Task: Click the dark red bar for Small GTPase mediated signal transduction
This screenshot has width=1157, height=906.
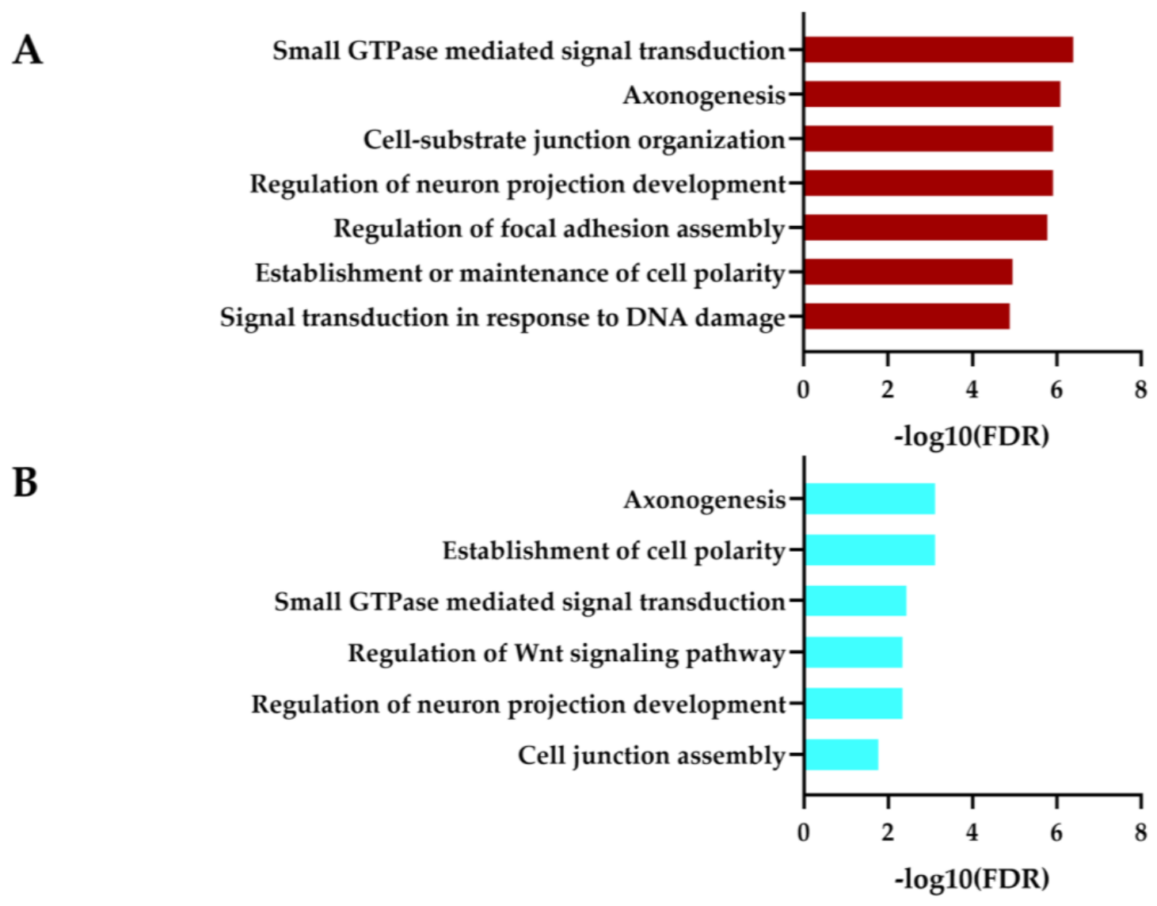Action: pos(938,50)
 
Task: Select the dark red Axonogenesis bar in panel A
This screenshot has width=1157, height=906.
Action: pos(932,94)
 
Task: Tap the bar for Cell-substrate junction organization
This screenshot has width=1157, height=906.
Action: pos(928,139)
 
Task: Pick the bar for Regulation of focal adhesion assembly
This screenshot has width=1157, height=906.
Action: pos(926,227)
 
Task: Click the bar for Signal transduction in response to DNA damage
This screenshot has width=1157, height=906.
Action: pos(907,316)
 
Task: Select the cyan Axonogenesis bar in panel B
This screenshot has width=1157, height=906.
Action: pos(870,499)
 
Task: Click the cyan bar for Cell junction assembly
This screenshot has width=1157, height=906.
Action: pos(841,755)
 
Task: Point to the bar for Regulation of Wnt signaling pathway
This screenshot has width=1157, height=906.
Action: pos(854,652)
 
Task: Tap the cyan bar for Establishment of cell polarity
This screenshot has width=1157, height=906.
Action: pos(870,550)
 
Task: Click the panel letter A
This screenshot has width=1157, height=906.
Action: pos(27,51)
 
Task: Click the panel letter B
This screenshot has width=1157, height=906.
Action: pos(25,482)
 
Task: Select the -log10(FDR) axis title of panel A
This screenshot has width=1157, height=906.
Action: pos(972,437)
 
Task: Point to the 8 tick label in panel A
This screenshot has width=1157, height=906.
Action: pos(1140,389)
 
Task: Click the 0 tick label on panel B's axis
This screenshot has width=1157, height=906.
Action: pos(804,832)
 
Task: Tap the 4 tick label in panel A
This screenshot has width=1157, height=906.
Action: pos(972,389)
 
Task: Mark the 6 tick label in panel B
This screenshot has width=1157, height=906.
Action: pos(1056,832)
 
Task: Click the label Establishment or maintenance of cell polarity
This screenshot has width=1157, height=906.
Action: pos(520,273)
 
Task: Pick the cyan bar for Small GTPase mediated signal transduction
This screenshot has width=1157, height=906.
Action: pos(855,601)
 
